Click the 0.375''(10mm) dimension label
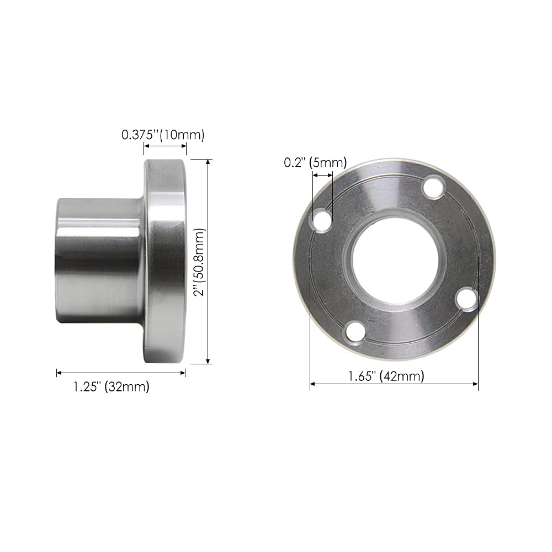coord(163,135)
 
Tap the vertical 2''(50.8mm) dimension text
coord(199,262)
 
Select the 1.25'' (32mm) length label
coord(112,387)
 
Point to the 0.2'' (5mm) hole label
coord(315,162)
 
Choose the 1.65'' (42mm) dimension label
coord(386,376)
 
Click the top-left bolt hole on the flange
coord(322,221)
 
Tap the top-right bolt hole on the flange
coord(434,185)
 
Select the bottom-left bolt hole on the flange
coord(353,333)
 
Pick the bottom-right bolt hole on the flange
coord(466,299)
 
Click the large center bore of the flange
coord(395,260)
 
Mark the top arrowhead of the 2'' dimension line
coord(208,162)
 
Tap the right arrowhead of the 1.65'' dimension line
coord(475,383)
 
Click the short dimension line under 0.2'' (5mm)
coord(322,175)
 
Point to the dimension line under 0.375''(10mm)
coord(165,146)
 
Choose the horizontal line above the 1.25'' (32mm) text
coord(121,373)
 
